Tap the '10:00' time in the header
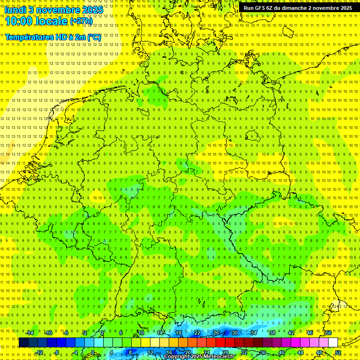[19, 21]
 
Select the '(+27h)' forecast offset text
[81, 21]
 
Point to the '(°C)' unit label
[93, 37]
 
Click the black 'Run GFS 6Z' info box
[298, 8]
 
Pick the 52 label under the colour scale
[338, 352]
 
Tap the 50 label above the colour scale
[329, 333]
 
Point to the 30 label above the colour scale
[235, 333]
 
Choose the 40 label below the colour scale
[282, 352]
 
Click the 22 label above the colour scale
[197, 333]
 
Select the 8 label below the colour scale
[130, 352]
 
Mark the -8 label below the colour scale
[57, 352]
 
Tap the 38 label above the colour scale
[272, 333]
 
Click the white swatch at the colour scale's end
[333, 343]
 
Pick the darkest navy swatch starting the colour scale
[23, 343]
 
